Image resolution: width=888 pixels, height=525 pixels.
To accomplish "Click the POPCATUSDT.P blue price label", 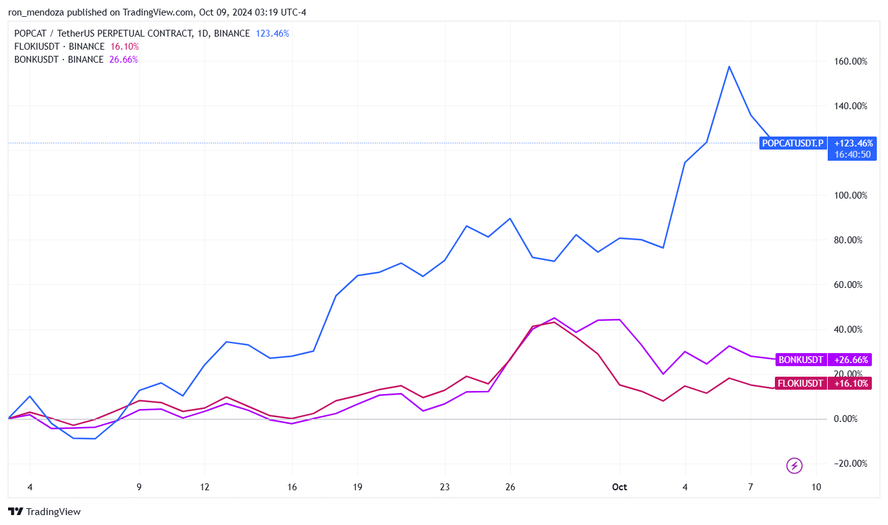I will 792,143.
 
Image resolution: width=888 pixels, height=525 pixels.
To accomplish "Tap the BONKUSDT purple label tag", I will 800,360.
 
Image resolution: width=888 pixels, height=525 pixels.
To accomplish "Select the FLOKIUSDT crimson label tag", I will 800,384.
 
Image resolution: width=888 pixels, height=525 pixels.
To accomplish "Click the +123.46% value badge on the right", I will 853,143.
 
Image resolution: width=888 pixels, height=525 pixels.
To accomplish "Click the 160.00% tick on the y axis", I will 850,61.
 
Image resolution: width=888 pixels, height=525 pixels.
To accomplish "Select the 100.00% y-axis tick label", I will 850,195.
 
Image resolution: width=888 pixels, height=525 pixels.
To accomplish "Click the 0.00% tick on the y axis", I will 846,419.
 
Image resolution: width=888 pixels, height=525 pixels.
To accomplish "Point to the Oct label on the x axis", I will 620,487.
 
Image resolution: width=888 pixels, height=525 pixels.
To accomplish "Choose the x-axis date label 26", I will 510,487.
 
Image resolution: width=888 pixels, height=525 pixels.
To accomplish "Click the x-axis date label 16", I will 292,487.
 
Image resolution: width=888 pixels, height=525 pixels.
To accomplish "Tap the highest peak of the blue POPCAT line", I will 729,66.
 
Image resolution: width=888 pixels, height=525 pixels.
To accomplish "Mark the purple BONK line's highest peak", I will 554,318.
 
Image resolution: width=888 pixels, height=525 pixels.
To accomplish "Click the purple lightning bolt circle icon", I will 794,465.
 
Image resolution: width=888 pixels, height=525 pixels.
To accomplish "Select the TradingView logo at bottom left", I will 45,512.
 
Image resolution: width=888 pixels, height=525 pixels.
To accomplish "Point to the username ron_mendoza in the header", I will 36,12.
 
